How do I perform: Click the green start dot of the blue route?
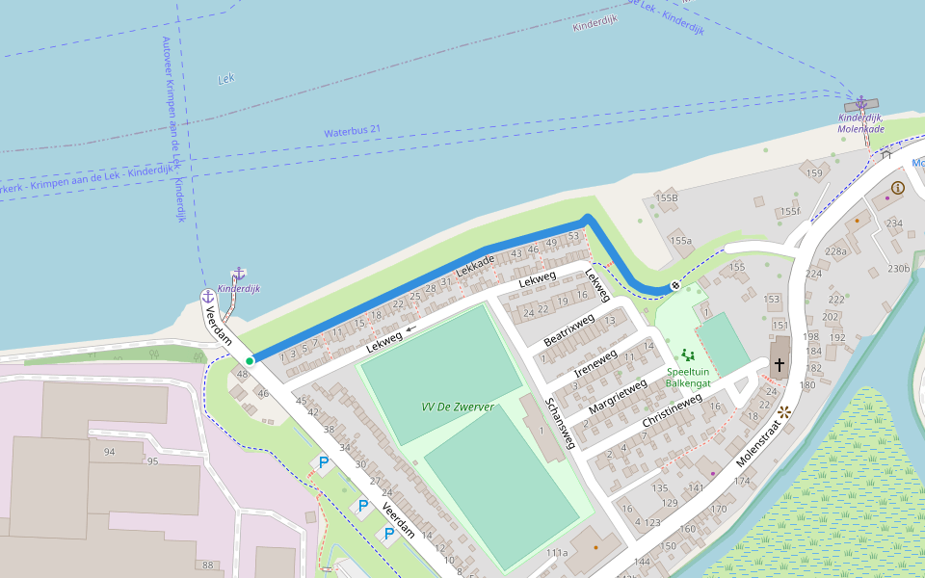coord(250,361)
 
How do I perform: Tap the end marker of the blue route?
coord(674,285)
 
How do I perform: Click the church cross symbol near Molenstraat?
coord(780,365)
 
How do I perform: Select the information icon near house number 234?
coord(898,188)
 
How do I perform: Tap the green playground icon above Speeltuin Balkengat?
coord(687,355)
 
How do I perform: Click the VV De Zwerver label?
coord(458,407)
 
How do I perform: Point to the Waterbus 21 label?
coord(353,130)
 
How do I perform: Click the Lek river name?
coord(226,79)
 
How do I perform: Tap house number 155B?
coord(667,197)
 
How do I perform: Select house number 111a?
coord(557,553)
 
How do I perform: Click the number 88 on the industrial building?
coord(208,565)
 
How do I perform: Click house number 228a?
coord(835,251)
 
